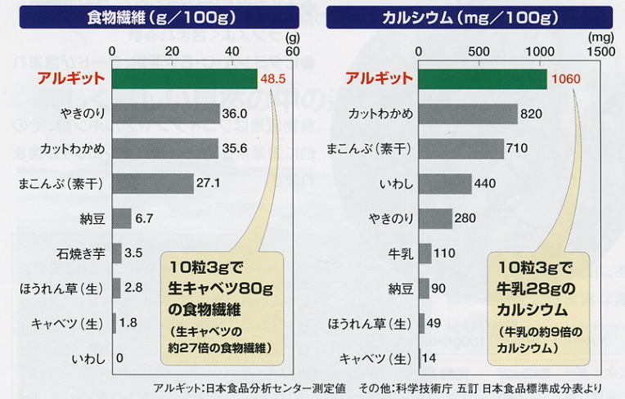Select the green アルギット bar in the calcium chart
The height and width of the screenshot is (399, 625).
tap(483, 78)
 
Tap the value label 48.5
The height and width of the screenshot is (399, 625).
tap(272, 79)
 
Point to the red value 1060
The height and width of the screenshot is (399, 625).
tap(566, 79)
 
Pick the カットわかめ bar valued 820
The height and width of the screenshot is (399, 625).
tap(468, 114)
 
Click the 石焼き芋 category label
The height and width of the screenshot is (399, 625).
tap(81, 253)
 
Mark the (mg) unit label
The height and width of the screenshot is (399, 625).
tap(602, 37)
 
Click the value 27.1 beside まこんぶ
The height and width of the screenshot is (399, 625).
tap(206, 184)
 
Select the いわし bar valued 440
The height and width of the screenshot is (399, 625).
tap(445, 184)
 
